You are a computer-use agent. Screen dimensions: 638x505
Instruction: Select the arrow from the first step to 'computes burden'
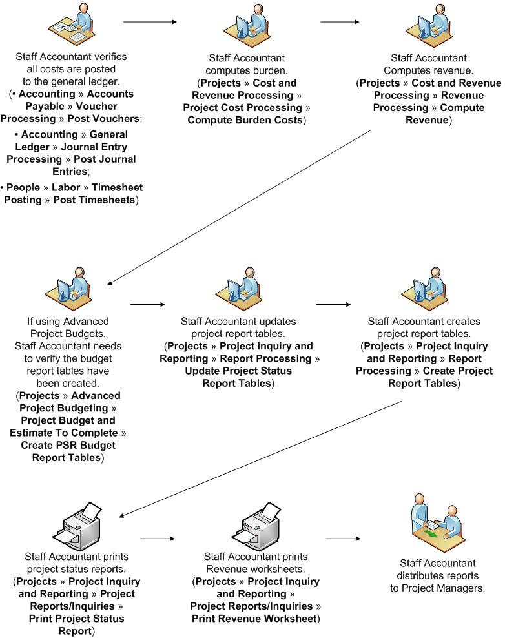150,22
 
